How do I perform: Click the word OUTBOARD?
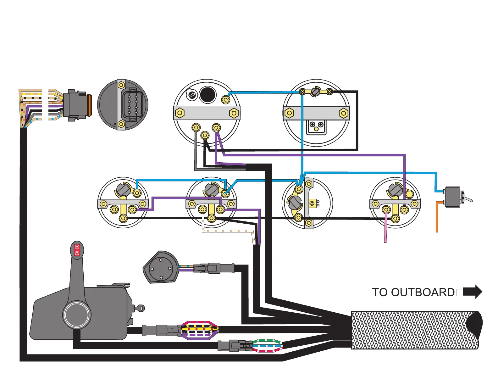pyautogui.click(x=423, y=292)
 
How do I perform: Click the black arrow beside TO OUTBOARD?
pyautogui.click(x=472, y=292)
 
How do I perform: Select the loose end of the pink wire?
pyautogui.click(x=385, y=242)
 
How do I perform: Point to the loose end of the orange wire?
pyautogui.click(x=437, y=232)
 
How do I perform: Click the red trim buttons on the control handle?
pyautogui.click(x=77, y=250)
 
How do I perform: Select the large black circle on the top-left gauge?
pyautogui.click(x=207, y=94)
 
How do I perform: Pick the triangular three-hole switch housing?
pyautogui.click(x=160, y=267)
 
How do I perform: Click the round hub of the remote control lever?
pyautogui.click(x=77, y=315)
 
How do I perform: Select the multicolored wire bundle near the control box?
pyautogui.click(x=199, y=330)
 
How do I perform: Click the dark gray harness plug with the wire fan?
pyautogui.click(x=75, y=105)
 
